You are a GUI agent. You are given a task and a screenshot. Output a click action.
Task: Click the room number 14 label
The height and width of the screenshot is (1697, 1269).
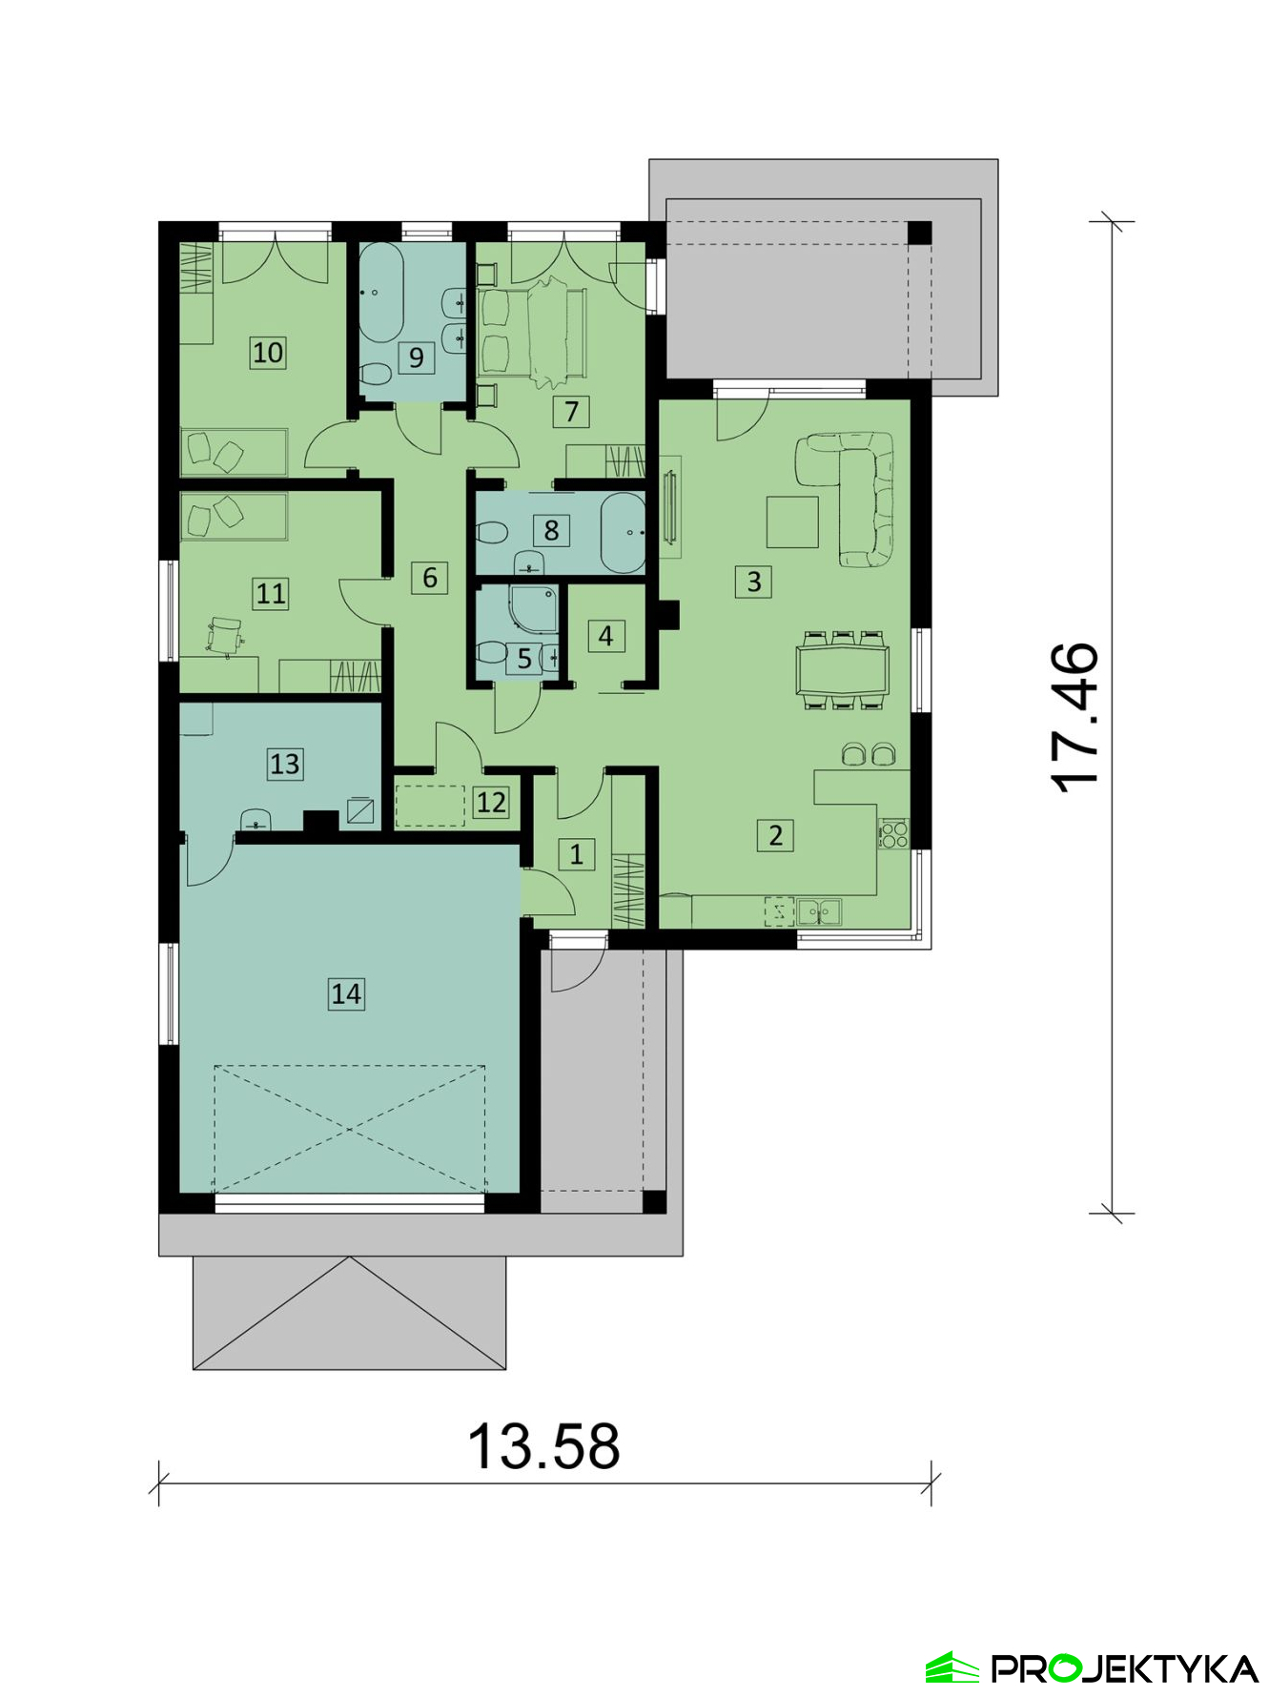point(346,993)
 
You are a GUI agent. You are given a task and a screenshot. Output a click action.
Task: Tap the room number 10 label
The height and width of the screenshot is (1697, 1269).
point(268,352)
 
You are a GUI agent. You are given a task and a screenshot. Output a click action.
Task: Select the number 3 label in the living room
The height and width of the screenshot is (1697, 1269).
point(754,581)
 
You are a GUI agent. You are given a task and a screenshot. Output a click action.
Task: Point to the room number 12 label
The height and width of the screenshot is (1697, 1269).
point(491,802)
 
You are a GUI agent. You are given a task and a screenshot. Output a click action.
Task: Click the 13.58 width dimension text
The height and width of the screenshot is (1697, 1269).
point(544,1445)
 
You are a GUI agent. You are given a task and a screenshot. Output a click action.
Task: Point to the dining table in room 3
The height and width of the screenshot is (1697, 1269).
point(843,670)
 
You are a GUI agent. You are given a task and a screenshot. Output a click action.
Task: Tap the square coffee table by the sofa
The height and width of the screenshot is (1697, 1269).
point(792,521)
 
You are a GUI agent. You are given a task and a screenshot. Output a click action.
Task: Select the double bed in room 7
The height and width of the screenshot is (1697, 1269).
point(534,332)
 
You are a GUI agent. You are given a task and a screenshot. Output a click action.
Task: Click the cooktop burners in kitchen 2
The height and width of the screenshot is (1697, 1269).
point(893,834)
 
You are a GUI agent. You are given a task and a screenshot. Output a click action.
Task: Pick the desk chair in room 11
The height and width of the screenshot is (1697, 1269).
point(225,636)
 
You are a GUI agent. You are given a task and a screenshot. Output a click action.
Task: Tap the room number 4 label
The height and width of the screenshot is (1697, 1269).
point(605,635)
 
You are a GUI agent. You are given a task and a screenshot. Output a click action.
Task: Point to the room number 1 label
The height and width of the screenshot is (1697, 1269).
point(576,854)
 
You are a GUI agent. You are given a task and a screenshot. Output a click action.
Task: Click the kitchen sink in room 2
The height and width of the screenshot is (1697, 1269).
point(819,912)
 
